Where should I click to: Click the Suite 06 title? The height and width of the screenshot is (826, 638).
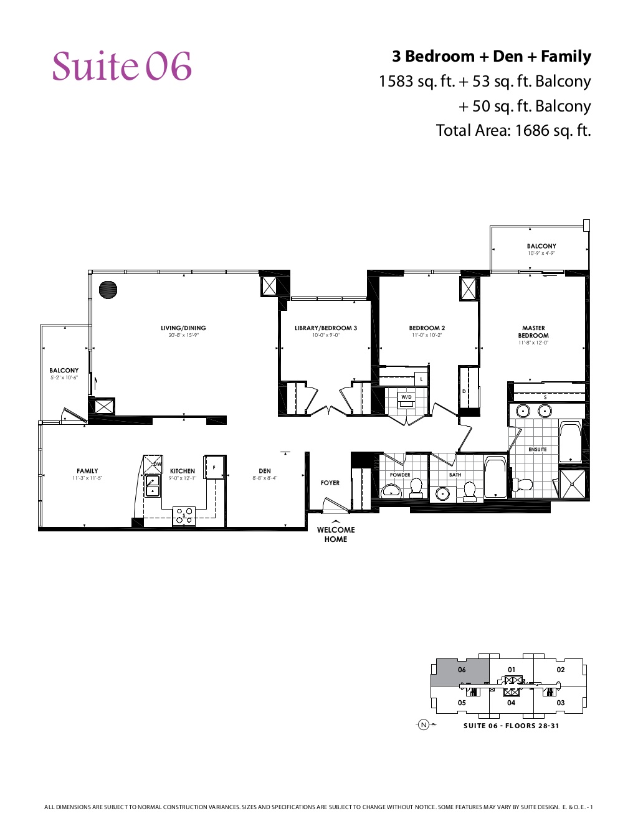[x=122, y=67]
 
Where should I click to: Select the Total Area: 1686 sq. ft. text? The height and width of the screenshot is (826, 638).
[x=513, y=130]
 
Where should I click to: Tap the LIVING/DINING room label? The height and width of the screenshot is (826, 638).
[x=183, y=328]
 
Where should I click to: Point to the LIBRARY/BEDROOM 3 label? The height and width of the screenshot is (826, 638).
[x=326, y=328]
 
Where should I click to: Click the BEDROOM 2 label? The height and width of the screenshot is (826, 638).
[x=427, y=328]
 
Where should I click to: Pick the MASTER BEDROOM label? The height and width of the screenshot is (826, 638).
[x=533, y=331]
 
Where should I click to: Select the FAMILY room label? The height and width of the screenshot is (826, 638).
[x=87, y=471]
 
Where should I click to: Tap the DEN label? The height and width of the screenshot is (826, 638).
[x=265, y=471]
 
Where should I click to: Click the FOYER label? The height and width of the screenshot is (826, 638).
[x=330, y=483]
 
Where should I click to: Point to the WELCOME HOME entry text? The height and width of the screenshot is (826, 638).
[x=336, y=534]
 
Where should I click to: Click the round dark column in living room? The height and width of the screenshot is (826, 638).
[x=108, y=290]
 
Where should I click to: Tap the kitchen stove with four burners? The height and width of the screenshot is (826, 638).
[x=184, y=516]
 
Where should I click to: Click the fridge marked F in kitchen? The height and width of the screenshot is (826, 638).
[x=214, y=467]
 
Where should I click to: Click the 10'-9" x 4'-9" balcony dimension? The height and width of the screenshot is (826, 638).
[x=541, y=254]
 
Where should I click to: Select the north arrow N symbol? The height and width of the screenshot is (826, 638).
[x=424, y=724]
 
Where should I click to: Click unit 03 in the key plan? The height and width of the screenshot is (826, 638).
[x=560, y=703]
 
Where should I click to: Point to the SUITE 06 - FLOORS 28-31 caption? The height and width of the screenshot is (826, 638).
[x=511, y=726]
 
